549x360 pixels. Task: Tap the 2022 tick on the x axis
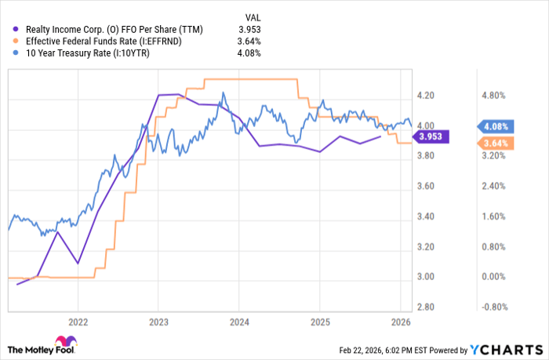[77, 322]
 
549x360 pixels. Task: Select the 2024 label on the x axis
[238, 322]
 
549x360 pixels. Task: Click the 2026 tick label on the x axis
[400, 322]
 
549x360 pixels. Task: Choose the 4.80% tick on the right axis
[493, 96]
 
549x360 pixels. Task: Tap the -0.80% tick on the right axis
[491, 307]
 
